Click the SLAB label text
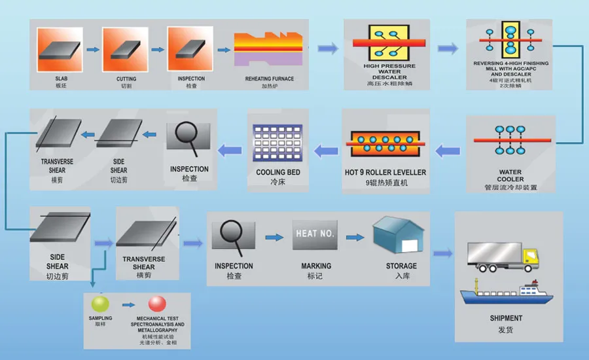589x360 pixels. pos(61,79)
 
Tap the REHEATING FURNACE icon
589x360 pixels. pos(269,48)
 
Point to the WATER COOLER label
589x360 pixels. pos(510,175)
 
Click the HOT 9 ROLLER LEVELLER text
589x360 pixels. pos(385,173)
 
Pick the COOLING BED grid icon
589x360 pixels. pos(277,143)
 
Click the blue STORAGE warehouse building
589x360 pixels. pos(398,236)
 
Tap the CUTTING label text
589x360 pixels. pos(126,79)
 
